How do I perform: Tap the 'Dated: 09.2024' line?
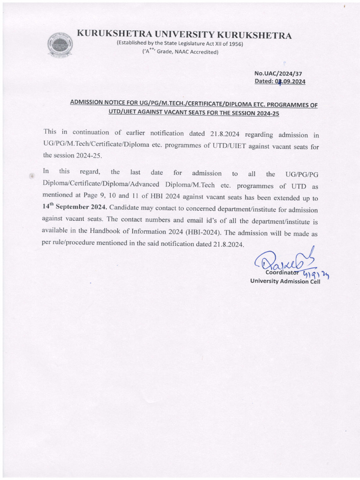(x=280, y=82)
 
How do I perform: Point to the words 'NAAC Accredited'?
(x=195, y=52)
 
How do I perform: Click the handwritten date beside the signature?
(x=316, y=275)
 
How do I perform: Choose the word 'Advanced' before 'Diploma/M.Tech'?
(x=146, y=184)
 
